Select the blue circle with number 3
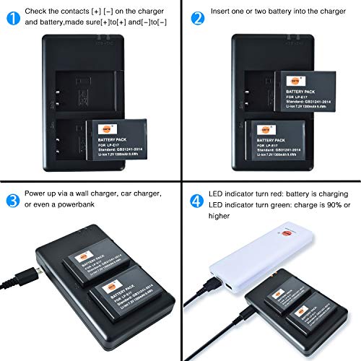point(9,198)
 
